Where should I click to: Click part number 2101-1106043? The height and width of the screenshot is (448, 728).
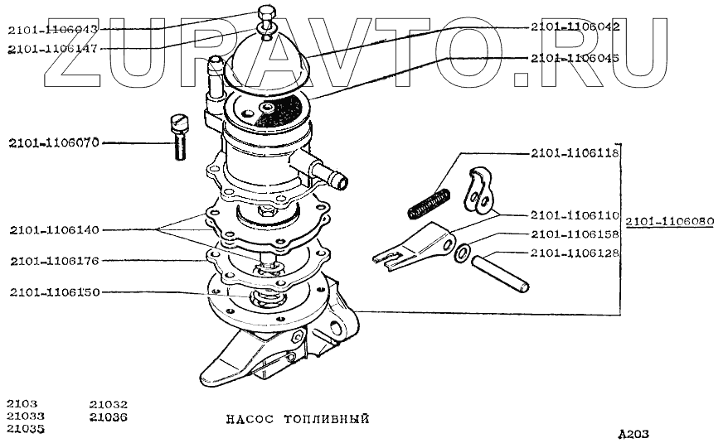click(52, 30)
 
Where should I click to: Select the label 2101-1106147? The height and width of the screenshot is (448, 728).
click(52, 48)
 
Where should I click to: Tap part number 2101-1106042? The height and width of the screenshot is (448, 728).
click(575, 26)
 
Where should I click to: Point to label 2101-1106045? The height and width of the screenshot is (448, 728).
click(575, 58)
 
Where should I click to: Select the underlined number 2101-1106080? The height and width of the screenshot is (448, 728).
click(669, 222)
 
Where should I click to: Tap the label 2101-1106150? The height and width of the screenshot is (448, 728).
click(54, 292)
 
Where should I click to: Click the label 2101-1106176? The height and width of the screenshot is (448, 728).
click(54, 261)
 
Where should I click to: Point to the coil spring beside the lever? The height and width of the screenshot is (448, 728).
click(430, 204)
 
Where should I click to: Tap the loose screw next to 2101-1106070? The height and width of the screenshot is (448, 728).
click(178, 137)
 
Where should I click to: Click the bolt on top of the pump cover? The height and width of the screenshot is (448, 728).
click(265, 17)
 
